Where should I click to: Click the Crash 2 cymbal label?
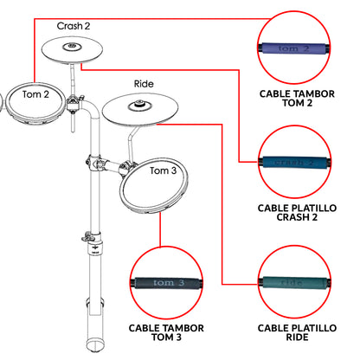pos(74,26)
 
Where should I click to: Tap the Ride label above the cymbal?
pos(144,84)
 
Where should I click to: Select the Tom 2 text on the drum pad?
pos(35,94)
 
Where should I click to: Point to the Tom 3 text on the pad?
pos(163,170)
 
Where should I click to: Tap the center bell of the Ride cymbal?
pos(140,105)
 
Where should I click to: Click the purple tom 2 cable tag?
pos(293,48)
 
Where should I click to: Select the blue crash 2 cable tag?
pos(294,163)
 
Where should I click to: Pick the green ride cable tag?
pos(295,283)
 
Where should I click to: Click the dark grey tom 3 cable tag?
pos(167,283)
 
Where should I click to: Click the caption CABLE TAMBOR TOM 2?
pos(297,99)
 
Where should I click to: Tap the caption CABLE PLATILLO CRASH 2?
pos(297,213)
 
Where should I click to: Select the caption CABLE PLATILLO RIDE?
pos(297,332)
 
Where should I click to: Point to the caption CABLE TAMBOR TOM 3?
pos(166,332)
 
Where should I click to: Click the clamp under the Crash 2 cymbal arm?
pos(74,104)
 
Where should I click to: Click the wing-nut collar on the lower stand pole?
pos(93,236)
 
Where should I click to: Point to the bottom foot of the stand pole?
pos(95,344)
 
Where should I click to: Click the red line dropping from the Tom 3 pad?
pos(160,229)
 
